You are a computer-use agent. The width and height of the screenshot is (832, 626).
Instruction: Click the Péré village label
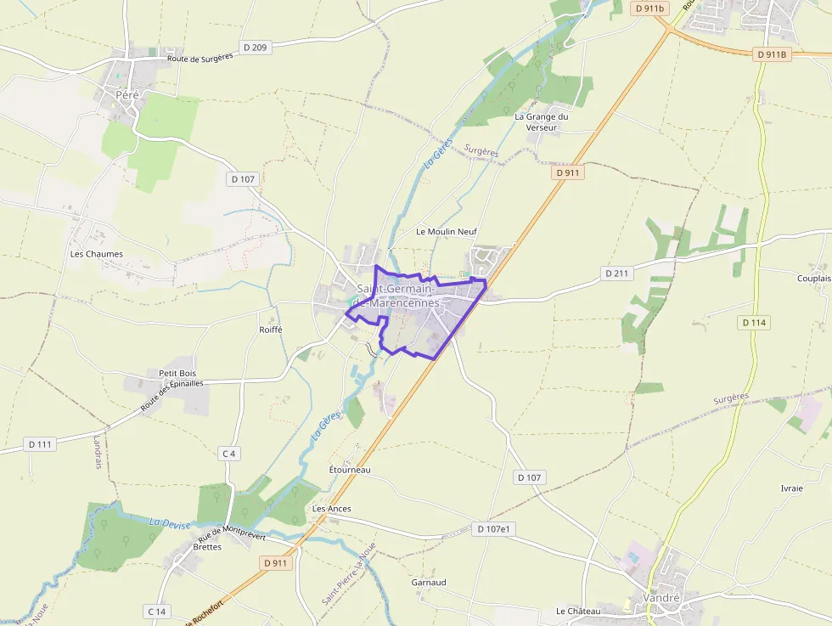pyautogui.click(x=126, y=95)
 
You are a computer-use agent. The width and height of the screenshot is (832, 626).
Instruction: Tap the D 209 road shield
pyautogui.click(x=254, y=48)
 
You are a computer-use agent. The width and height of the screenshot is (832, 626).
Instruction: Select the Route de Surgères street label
pyautogui.click(x=200, y=57)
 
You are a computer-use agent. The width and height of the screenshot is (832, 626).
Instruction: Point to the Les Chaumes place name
pyautogui.click(x=96, y=254)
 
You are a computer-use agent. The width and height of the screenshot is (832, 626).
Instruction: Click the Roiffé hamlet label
pyautogui.click(x=270, y=330)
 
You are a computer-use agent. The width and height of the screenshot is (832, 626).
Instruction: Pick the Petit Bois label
pyautogui.click(x=177, y=373)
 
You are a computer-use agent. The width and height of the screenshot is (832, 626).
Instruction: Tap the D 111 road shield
pyautogui.click(x=40, y=444)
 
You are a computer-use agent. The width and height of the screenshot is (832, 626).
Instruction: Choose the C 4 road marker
pyautogui.click(x=228, y=454)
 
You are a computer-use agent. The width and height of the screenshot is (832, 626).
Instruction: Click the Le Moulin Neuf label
pyautogui.click(x=447, y=231)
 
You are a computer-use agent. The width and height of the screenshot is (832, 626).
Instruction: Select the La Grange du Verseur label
pyautogui.click(x=541, y=121)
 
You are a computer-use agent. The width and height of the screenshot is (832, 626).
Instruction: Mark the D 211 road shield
pyautogui.click(x=617, y=274)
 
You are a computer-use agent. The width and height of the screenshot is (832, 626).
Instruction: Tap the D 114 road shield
pyautogui.click(x=754, y=323)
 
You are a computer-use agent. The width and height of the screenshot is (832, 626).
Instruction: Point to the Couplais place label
pyautogui.click(x=813, y=279)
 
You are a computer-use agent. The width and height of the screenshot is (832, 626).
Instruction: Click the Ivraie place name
pyautogui.click(x=791, y=488)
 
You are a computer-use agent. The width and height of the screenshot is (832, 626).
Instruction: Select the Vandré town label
pyautogui.click(x=661, y=598)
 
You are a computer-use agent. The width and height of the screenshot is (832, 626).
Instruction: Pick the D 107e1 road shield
pyautogui.click(x=494, y=529)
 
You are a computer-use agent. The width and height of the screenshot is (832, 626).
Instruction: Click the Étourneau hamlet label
pyautogui.click(x=350, y=470)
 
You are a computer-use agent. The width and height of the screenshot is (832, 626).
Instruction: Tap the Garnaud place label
pyautogui.click(x=429, y=583)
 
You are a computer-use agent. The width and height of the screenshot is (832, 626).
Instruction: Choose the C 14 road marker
pyautogui.click(x=157, y=612)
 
